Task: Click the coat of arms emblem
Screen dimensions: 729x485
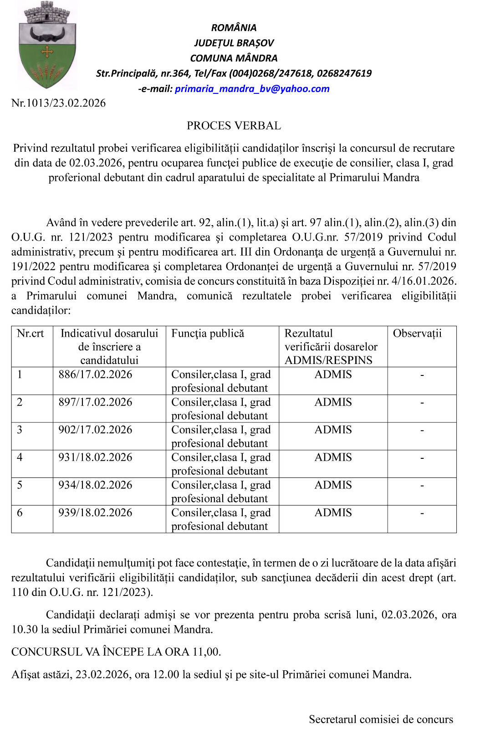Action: coord(46,46)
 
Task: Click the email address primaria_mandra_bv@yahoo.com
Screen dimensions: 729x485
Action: coord(252,89)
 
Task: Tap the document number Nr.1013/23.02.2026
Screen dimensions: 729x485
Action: coord(58,103)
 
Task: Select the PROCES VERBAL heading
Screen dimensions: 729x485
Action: coord(234,126)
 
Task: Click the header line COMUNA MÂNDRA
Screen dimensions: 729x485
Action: coord(234,58)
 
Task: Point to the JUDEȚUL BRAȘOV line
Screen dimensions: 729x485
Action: coord(234,43)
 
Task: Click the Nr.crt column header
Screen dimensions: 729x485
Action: coord(31,334)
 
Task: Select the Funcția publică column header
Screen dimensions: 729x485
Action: coord(208,334)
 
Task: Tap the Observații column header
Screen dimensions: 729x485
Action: coord(417,334)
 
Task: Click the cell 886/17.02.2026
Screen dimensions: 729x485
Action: coord(95,375)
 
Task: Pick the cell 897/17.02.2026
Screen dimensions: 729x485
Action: coord(95,402)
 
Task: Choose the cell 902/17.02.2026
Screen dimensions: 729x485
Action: coord(95,430)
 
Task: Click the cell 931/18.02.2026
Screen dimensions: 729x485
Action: coord(95,457)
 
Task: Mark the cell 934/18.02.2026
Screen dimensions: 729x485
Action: coord(95,485)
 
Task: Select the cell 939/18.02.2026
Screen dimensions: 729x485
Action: coord(95,513)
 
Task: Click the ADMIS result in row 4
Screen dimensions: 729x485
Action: coord(333,457)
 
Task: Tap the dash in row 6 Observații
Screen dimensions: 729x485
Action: coord(422,513)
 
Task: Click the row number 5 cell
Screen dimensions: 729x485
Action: coord(20,485)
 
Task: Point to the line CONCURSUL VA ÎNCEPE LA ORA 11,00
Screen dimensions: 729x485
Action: coord(116,652)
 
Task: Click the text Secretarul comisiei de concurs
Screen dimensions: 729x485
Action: coord(381,719)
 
